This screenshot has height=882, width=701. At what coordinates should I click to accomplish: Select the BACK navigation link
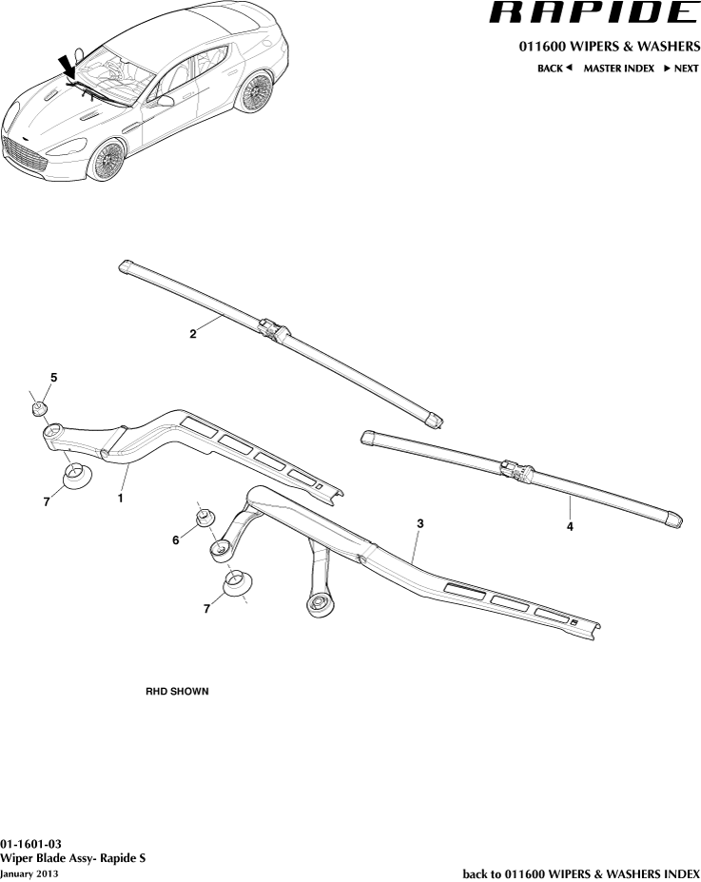coord(555,69)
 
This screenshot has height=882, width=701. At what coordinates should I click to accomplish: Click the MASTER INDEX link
coord(618,69)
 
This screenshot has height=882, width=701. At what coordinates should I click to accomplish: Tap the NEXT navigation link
coord(681,69)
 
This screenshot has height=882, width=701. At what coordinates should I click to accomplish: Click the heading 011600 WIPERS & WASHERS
coord(609,47)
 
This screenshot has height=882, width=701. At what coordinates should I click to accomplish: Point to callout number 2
coord(193,334)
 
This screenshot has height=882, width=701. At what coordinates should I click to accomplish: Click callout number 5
coord(53,378)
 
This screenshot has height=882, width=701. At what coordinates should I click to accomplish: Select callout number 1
coord(121,497)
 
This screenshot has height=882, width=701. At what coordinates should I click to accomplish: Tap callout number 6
coord(176,539)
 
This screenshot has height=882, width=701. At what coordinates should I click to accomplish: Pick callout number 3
coord(419,523)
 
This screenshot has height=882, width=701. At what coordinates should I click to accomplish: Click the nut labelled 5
coord(38,409)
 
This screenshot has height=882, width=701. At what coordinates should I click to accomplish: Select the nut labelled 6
coord(204,518)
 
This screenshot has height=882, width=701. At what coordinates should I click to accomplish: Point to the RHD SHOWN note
coord(177,691)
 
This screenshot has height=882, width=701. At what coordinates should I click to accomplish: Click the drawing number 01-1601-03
coord(31,844)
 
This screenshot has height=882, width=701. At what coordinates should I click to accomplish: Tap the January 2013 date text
coord(29,872)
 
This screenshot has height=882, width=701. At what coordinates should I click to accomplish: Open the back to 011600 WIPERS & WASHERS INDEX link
coord(580,872)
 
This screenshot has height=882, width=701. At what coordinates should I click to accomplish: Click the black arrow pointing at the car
coord(68,68)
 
